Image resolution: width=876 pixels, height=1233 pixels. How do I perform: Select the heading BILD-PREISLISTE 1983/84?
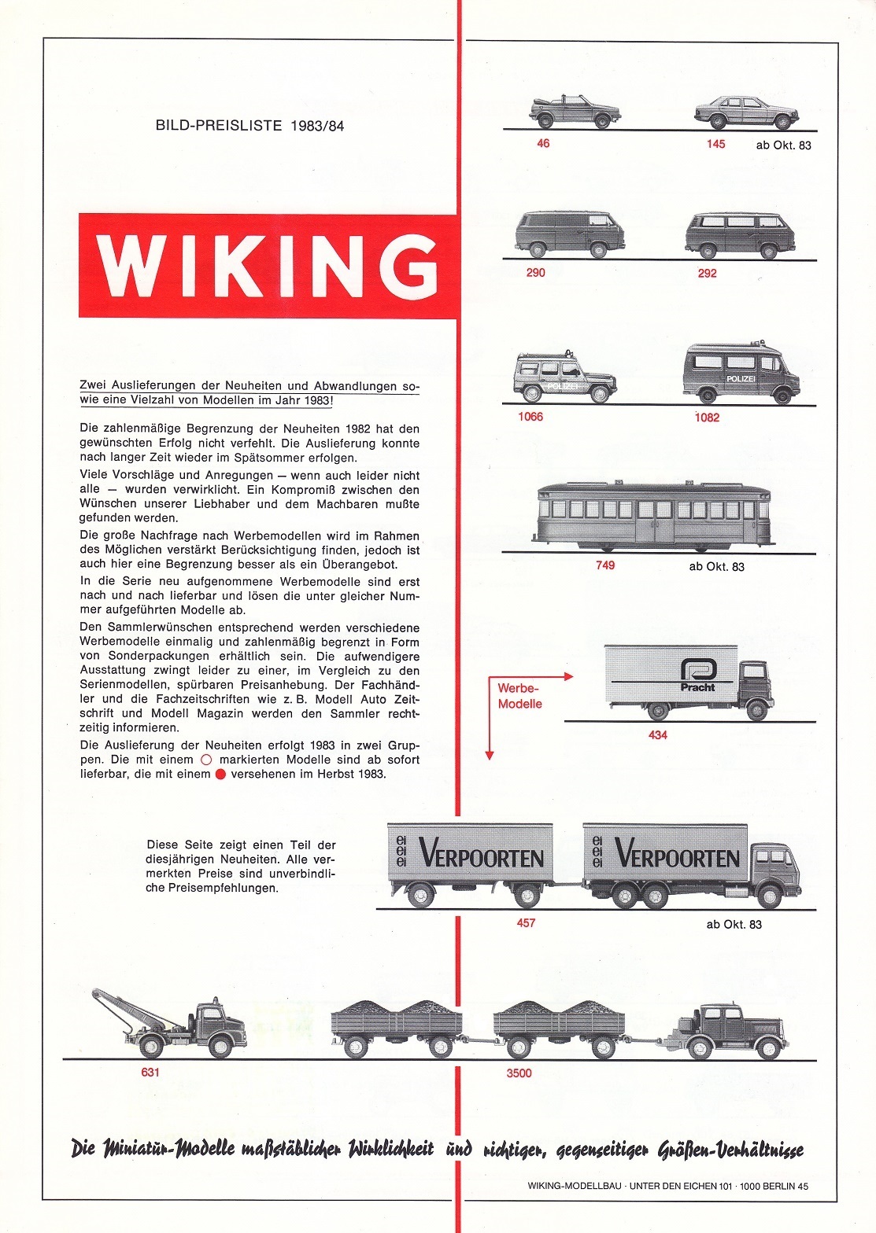pyautogui.click(x=249, y=125)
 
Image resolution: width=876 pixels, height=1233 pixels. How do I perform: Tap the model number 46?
pyautogui.click(x=543, y=144)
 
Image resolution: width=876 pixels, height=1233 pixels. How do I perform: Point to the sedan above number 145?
pyautogui.click(x=744, y=112)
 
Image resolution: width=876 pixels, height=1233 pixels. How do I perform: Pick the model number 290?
pyautogui.click(x=535, y=273)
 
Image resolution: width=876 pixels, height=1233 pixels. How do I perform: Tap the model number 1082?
pyautogui.click(x=707, y=418)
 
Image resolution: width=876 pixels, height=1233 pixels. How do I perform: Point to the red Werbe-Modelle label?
pyautogui.click(x=519, y=696)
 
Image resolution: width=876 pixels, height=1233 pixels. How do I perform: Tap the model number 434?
pyautogui.click(x=657, y=734)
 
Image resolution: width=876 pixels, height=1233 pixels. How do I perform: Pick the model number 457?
pyautogui.click(x=526, y=923)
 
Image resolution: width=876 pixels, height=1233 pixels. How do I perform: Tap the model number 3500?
pyautogui.click(x=519, y=1073)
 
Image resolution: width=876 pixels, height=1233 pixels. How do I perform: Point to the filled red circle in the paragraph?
pyautogui.click(x=220, y=774)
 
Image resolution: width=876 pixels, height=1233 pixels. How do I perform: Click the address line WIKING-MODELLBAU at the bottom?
pyautogui.click(x=668, y=1187)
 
